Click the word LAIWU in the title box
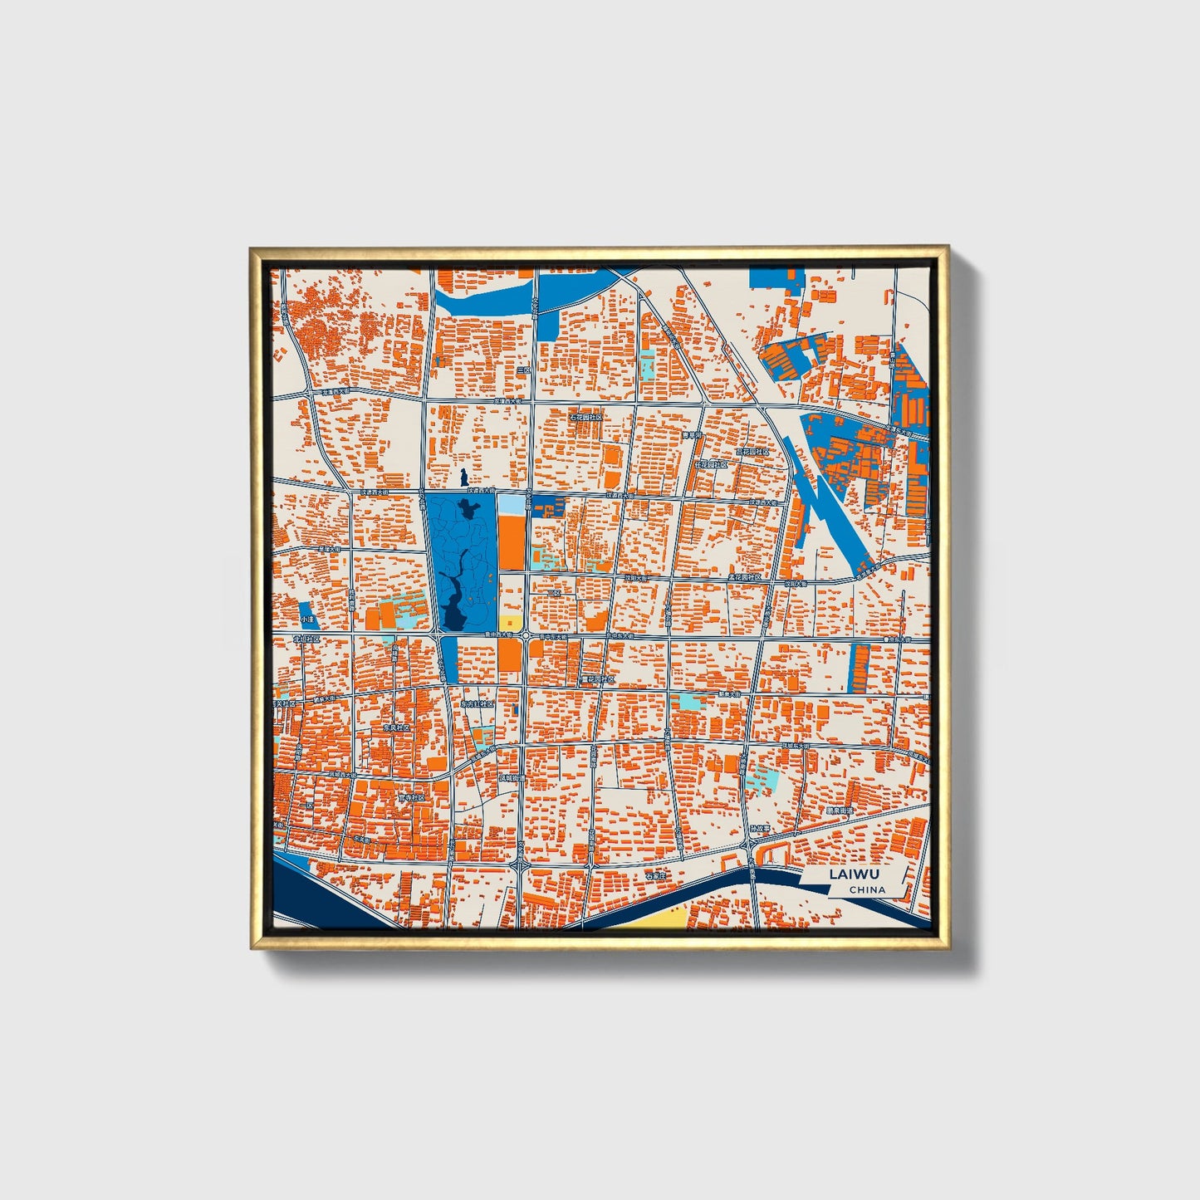pos(854,874)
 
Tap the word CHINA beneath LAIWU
pos(867,889)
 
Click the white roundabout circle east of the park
pos(527,635)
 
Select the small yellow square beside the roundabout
pos(512,623)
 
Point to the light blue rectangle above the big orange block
pos(512,503)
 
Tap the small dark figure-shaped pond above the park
pos(463,479)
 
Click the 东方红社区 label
pos(478,703)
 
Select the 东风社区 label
pos(397,727)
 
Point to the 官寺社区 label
pos(411,797)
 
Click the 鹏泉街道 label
pos(840,810)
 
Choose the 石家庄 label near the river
pos(658,875)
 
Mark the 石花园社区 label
pos(585,417)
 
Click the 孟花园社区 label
pos(745,576)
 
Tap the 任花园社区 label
pos(712,465)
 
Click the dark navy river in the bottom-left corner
pos(311,893)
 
